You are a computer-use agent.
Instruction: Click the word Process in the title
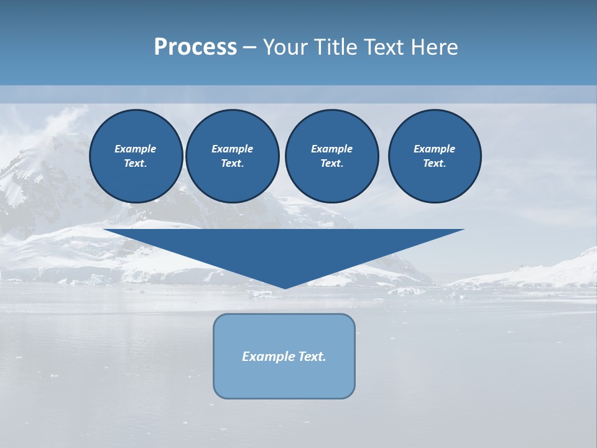coord(195,47)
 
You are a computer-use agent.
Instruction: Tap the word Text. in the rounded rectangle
coord(312,357)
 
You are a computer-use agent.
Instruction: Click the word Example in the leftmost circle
coord(136,149)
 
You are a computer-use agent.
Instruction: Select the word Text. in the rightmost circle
coord(435,163)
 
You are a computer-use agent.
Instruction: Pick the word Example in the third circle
coord(331,149)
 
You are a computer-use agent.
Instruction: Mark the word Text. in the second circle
coord(232,163)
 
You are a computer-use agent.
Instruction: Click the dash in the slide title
coord(249,47)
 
